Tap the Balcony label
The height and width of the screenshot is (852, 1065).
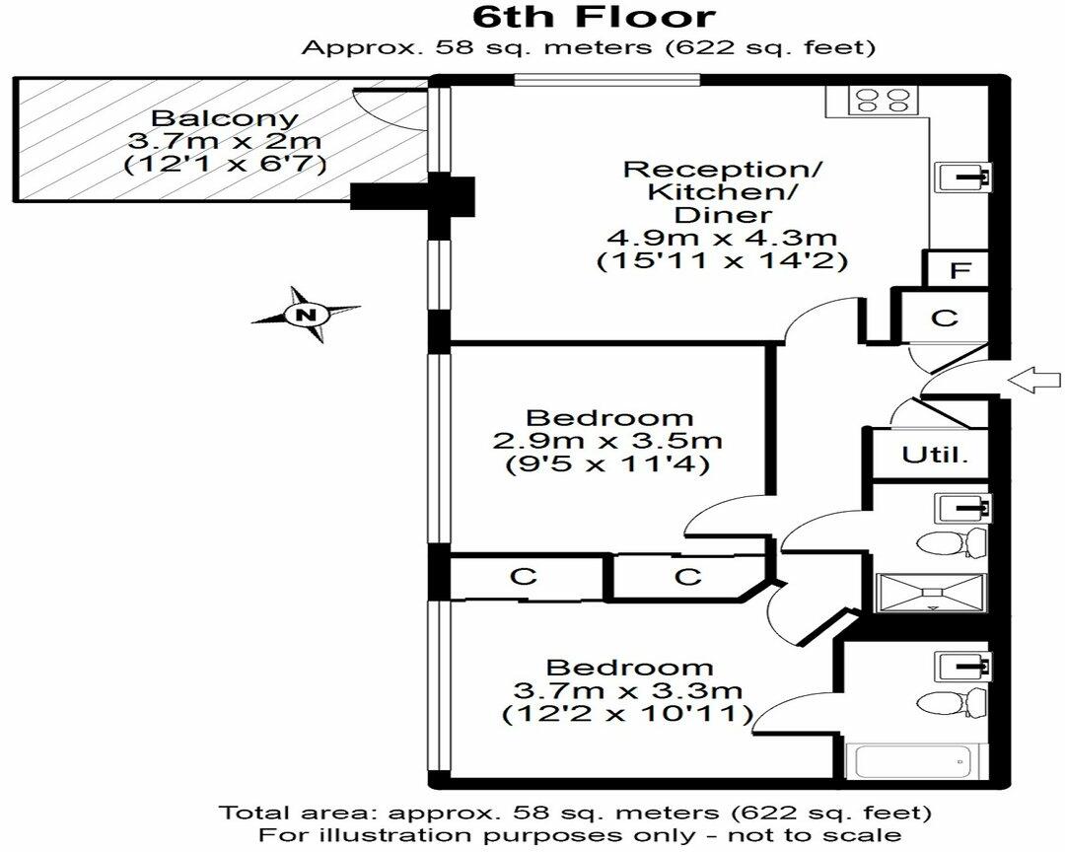[x=224, y=117]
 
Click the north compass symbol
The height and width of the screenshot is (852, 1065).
[x=307, y=314]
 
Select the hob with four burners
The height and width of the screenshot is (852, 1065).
[x=883, y=101]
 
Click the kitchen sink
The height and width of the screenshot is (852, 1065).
[x=964, y=176]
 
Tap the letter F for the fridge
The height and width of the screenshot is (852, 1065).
[x=959, y=270]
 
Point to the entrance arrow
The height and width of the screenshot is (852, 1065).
[x=1033, y=381]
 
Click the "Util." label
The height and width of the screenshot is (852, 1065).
[x=935, y=455]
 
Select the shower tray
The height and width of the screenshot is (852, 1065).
[x=931, y=593]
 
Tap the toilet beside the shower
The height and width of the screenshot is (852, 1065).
[x=952, y=543]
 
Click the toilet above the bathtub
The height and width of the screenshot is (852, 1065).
[x=952, y=702]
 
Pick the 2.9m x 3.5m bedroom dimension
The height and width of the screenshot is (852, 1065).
[x=607, y=441]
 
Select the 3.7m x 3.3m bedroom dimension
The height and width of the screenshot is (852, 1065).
[x=627, y=691]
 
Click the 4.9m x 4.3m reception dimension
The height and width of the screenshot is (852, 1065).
[x=722, y=238]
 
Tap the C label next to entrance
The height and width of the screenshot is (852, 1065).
[x=944, y=318]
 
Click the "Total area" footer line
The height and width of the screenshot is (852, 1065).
[x=575, y=812]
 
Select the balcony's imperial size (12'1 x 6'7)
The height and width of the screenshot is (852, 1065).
[x=225, y=165]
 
